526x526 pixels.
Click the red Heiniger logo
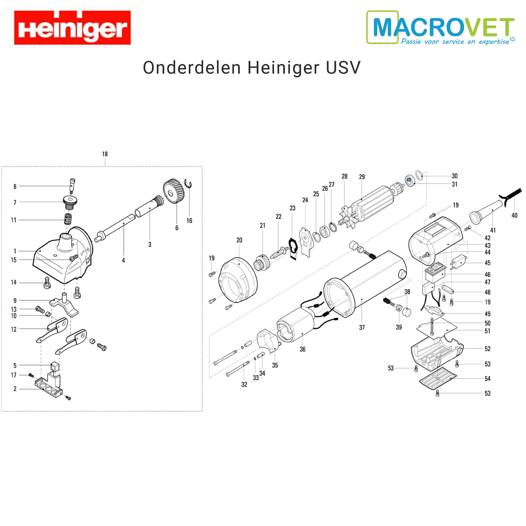72,27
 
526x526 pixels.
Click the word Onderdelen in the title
192,68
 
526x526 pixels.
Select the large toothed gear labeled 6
174,191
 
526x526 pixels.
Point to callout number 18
105,154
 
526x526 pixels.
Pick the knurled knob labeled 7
70,202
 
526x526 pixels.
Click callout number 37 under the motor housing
362,327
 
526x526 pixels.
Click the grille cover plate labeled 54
438,379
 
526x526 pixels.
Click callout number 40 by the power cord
514,215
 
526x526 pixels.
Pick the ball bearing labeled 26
325,232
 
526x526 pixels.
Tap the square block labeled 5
55,366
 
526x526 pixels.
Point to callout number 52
487,349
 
